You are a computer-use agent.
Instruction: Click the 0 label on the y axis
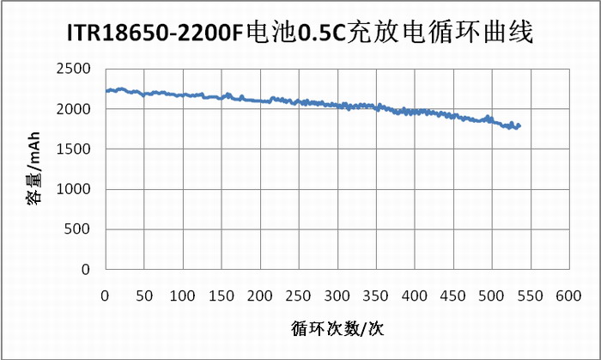click(88, 269)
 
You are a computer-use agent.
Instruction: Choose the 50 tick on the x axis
click(143, 296)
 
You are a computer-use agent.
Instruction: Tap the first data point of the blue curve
click(106, 91)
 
